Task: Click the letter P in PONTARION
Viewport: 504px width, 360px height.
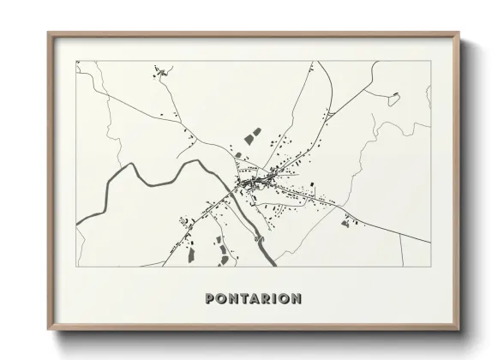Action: [x=210, y=298]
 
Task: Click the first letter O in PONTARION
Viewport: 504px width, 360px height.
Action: [x=220, y=298]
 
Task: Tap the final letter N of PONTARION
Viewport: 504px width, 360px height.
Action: [x=296, y=298]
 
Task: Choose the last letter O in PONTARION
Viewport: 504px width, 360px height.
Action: [x=284, y=298]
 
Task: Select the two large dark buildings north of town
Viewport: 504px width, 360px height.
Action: [x=252, y=135]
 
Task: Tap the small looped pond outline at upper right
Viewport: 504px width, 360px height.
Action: [x=393, y=98]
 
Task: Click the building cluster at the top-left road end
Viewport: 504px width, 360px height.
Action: [x=159, y=72]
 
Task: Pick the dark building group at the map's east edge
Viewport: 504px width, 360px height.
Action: [x=346, y=223]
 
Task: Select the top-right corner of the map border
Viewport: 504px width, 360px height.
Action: [x=429, y=61]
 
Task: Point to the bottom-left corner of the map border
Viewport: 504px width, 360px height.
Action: [x=76, y=266]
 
